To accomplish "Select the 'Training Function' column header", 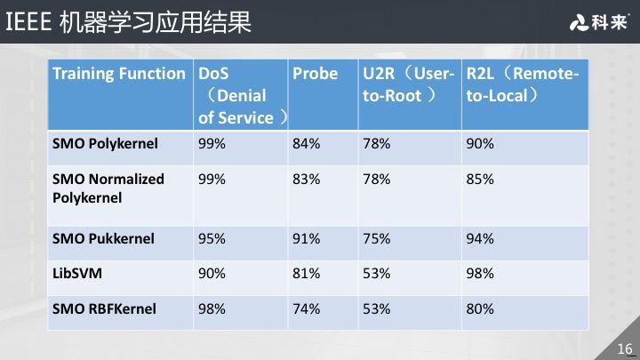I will tap(118, 74).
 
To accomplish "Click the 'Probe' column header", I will tap(315, 74).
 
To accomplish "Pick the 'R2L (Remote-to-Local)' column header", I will tap(522, 84).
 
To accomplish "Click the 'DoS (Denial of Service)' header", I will tap(241, 95).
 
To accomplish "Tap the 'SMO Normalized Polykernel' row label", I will tap(108, 188).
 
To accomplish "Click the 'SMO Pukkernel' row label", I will tap(103, 238).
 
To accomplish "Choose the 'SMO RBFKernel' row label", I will tap(104, 308).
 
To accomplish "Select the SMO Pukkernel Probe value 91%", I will tap(306, 238).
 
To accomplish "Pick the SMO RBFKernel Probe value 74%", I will tap(306, 308).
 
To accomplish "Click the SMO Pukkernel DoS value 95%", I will tap(212, 238).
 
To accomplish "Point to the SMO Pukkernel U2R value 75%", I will tap(376, 238).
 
